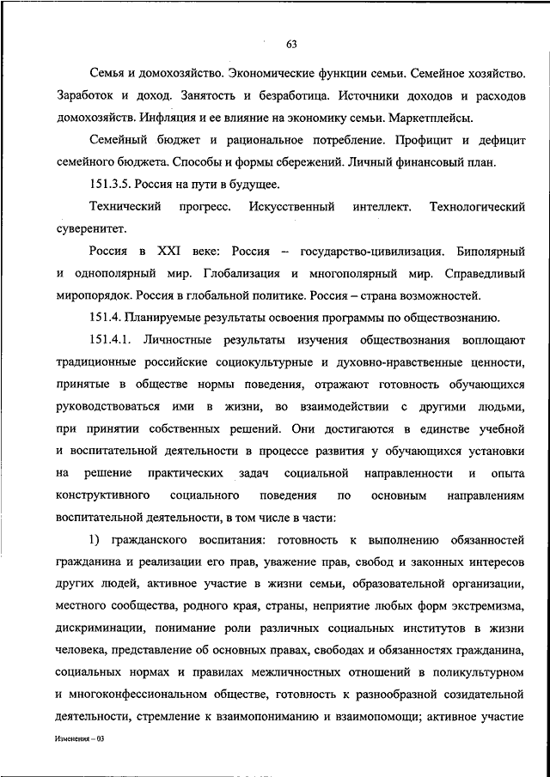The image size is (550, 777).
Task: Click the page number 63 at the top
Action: [291, 44]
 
